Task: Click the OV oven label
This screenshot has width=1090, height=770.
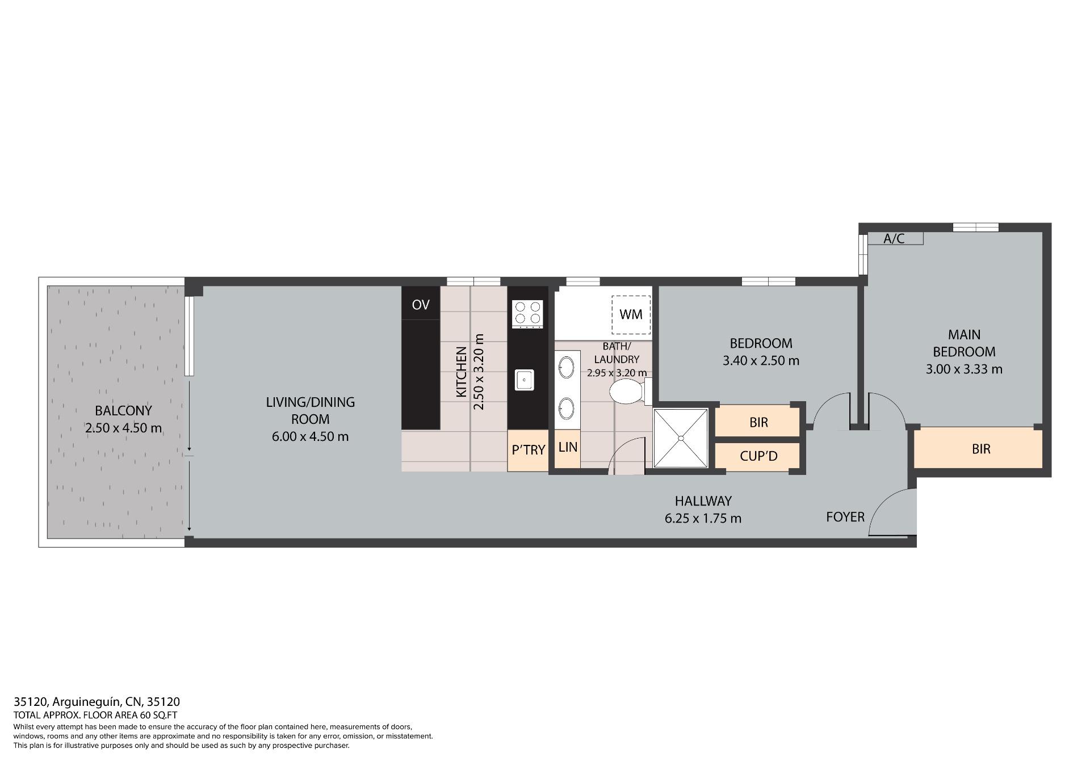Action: click(x=420, y=305)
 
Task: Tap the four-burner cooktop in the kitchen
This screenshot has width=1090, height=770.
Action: click(x=527, y=314)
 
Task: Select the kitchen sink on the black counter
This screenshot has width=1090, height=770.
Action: click(x=525, y=380)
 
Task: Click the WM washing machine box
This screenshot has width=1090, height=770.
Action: click(x=631, y=315)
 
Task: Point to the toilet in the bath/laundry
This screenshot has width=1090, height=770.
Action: click(x=628, y=392)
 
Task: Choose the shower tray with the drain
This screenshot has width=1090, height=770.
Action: click(x=681, y=437)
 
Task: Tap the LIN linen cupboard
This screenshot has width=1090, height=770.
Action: click(x=567, y=448)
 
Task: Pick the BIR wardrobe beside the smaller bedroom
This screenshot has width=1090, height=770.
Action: click(x=758, y=422)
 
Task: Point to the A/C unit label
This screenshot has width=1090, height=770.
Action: click(x=894, y=238)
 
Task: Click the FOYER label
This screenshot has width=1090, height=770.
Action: click(x=845, y=517)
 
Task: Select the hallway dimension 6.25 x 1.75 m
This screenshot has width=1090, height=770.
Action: click(x=703, y=518)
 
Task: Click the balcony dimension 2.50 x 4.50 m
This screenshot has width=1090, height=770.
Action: click(x=123, y=428)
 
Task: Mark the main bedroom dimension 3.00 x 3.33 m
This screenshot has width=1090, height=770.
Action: click(x=964, y=369)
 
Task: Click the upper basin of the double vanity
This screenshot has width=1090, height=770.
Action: click(x=566, y=367)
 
